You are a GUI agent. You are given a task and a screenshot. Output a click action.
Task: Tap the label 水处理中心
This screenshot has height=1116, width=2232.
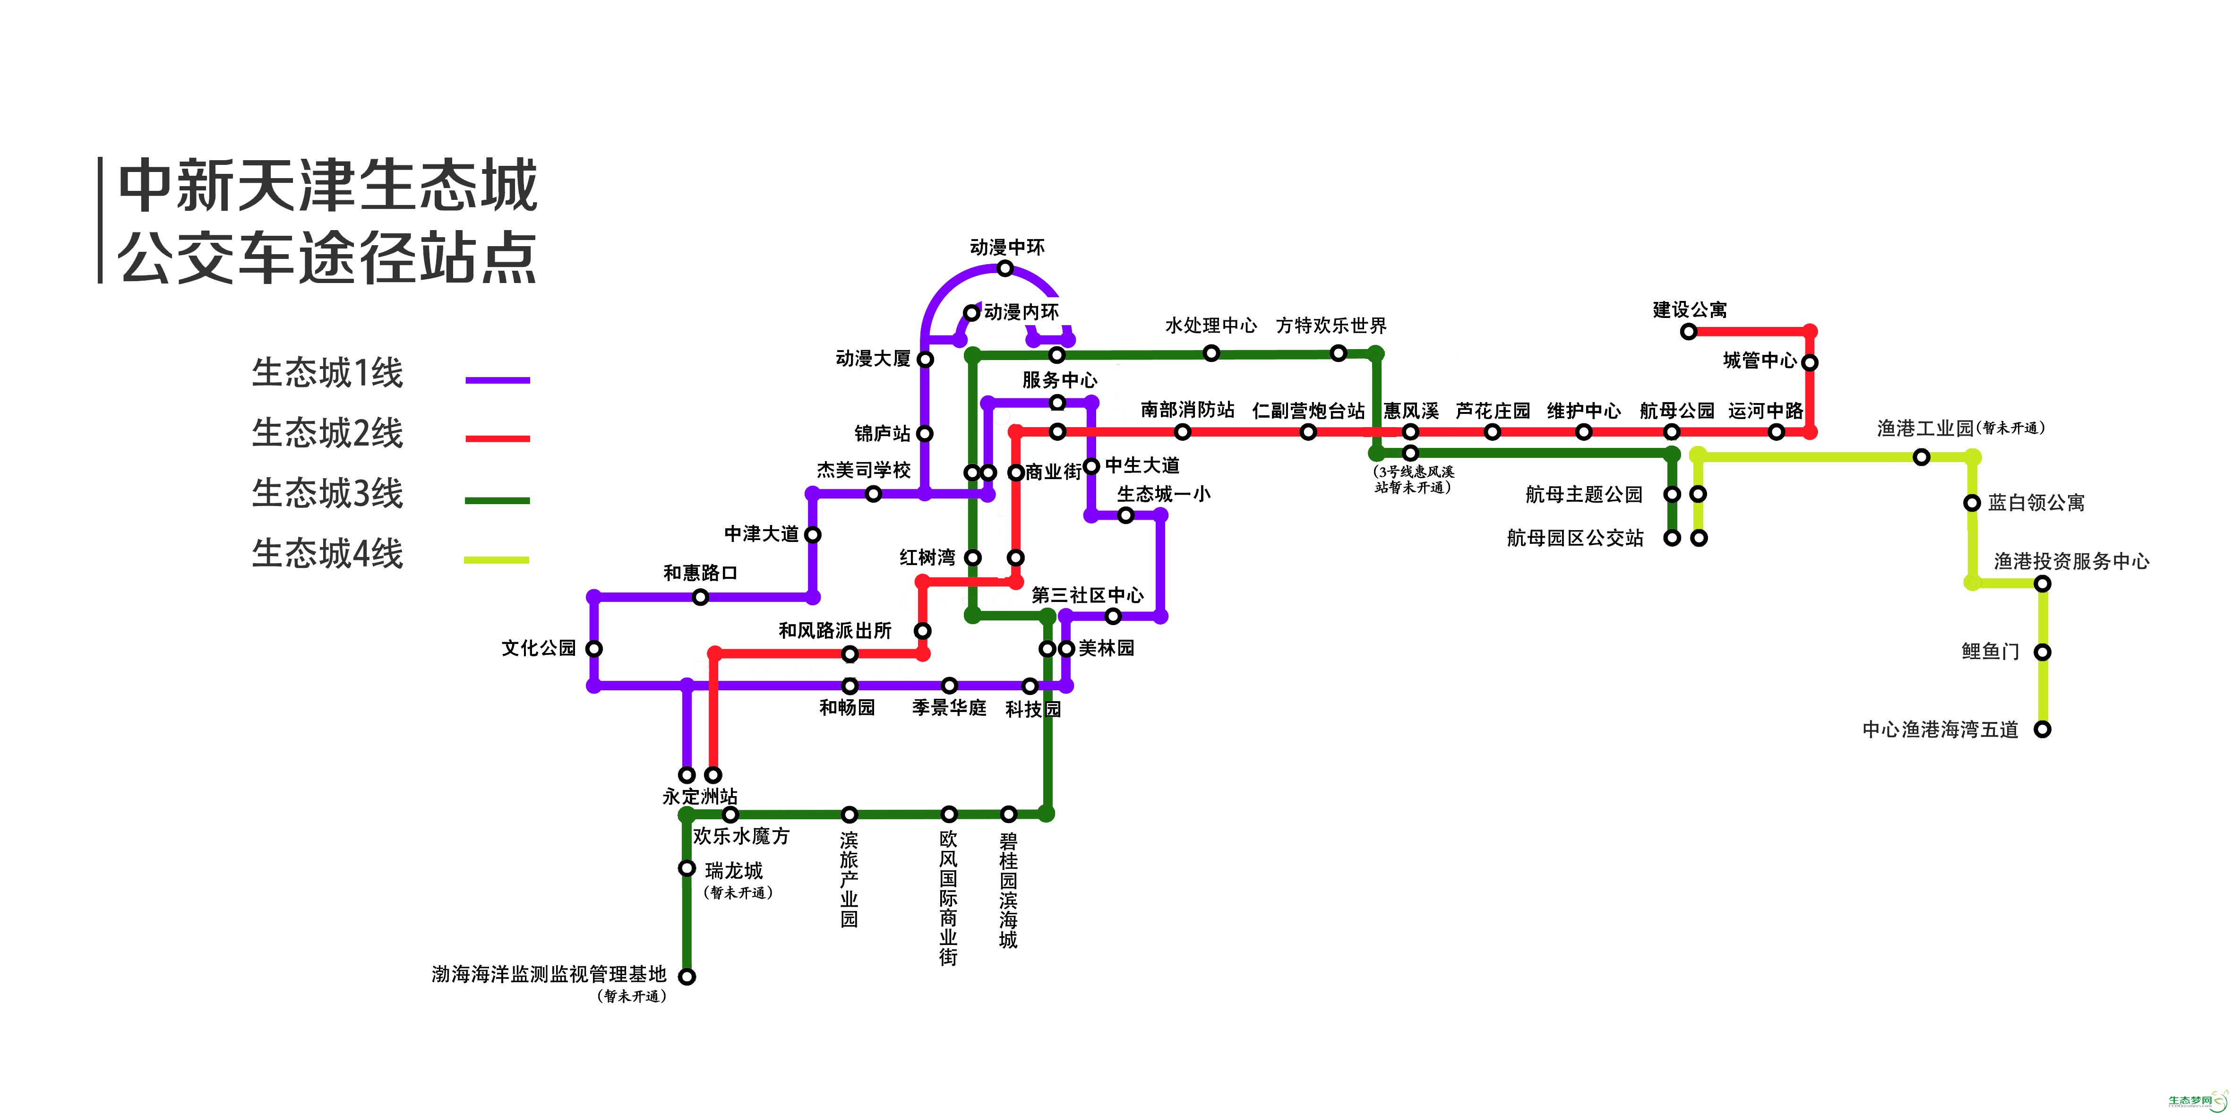coord(1210,326)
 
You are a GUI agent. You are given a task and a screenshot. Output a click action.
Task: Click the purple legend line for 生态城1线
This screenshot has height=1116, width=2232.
coord(498,380)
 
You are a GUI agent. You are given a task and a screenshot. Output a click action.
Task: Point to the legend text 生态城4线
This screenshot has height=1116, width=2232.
coord(327,554)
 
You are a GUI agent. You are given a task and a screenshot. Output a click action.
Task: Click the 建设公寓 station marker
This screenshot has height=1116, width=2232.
coord(1689,331)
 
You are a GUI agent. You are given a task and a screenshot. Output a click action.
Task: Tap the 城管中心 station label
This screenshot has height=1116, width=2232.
coord(1760,361)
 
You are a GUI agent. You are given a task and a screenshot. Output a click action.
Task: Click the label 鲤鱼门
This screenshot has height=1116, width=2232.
coord(1990,652)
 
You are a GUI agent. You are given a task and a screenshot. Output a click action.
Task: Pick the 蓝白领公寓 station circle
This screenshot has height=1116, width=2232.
coord(1972,503)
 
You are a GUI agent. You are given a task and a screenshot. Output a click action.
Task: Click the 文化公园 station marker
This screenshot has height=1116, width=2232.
coord(594,648)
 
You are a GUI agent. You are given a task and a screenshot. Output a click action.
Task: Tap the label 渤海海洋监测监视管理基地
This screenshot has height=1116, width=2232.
coord(549,975)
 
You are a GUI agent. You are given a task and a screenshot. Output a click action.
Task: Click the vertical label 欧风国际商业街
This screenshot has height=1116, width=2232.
coord(949,898)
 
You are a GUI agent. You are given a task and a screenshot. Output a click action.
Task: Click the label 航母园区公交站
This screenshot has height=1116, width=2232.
coord(1575,538)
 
